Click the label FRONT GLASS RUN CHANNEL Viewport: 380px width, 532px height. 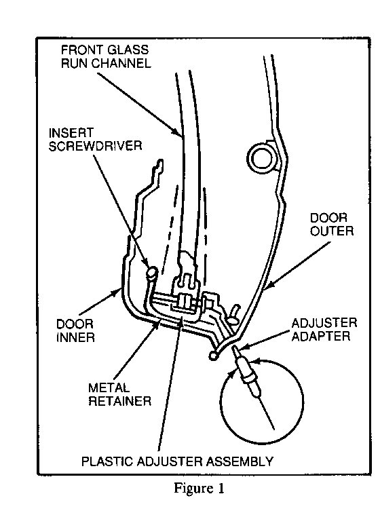point(106,57)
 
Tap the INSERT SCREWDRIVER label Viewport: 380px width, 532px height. point(95,139)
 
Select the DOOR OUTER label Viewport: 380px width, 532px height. point(332,224)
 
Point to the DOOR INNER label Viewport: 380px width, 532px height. point(75,330)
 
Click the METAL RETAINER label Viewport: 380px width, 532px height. point(119,395)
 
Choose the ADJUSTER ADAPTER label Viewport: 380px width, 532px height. point(324,330)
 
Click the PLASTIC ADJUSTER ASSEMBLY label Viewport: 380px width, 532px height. point(178,461)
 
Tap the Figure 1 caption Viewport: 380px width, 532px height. point(199,488)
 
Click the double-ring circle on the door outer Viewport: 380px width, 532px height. point(261,157)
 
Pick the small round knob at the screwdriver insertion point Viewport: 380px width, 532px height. point(152,272)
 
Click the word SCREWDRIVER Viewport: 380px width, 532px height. point(95,145)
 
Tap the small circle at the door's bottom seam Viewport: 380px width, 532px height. point(213,355)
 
